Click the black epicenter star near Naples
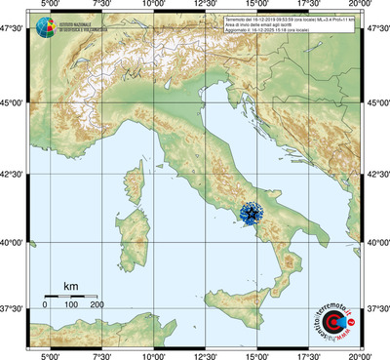[x=252, y=213]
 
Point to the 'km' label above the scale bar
[x=70, y=287]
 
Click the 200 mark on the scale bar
[x=97, y=305]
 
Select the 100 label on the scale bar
[x=71, y=305]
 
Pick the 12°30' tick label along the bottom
[x=205, y=354]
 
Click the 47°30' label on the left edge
[x=12, y=30]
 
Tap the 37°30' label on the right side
[x=377, y=309]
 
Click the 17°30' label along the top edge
[x=309, y=5]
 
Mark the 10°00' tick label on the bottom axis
[x=152, y=354]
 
